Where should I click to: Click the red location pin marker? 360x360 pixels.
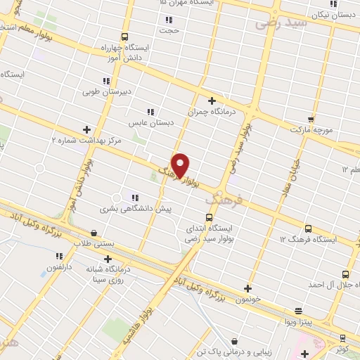[181, 165]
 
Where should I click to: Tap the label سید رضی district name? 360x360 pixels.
[282, 22]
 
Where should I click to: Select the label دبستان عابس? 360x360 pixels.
[150, 122]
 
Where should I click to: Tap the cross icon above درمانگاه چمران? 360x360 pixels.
[212, 101]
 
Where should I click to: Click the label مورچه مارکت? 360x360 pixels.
[314, 131]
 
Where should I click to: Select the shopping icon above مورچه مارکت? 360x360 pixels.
[311, 120]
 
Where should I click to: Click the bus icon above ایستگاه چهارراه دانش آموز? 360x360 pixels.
[125, 37]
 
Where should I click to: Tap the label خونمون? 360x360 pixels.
[248, 298]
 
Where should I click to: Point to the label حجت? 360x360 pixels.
[169, 30]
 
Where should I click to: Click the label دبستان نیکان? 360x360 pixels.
[330, 15]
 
